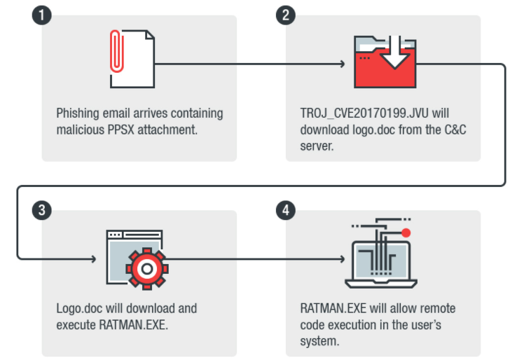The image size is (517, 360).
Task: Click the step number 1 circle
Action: (42, 15)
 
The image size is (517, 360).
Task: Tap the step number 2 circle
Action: (286, 15)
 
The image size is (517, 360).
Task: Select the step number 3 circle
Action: (42, 210)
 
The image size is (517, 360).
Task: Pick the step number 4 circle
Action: (286, 210)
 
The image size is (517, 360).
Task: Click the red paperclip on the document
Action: (117, 51)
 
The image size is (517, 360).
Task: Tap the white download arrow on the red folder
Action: (394, 53)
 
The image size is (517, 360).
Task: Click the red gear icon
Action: (147, 269)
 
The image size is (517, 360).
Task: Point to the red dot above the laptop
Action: (406, 233)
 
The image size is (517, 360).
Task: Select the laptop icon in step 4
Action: (381, 265)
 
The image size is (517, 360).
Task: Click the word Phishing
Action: (78, 113)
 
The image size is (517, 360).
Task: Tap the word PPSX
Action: (121, 130)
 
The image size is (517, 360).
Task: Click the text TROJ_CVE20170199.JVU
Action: (364, 113)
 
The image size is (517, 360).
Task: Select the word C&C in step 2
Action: (455, 130)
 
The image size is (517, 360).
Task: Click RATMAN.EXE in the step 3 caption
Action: (134, 325)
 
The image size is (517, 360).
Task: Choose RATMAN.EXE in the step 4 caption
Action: (333, 309)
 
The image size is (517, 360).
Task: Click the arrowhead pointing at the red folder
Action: (343, 64)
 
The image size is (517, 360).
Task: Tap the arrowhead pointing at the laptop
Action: (343, 259)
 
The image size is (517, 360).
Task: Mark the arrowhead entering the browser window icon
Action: (94, 259)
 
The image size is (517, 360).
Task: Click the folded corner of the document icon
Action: (151, 34)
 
